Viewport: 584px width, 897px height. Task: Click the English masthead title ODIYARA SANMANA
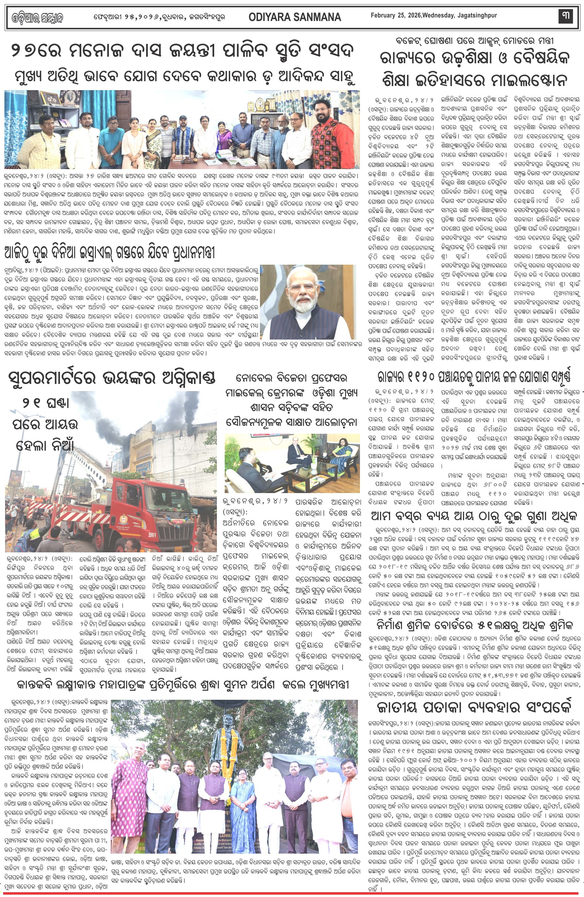(x=295, y=17)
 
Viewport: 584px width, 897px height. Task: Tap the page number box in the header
(x=565, y=16)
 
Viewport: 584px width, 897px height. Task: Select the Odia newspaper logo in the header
(x=37, y=17)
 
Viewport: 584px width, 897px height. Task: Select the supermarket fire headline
(x=112, y=378)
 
